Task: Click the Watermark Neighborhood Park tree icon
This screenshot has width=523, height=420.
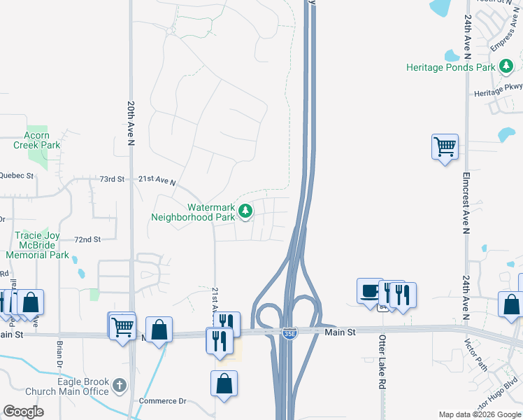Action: click(x=245, y=210)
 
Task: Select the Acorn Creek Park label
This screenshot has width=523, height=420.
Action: click(x=36, y=140)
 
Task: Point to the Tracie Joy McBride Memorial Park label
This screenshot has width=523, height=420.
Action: click(x=42, y=246)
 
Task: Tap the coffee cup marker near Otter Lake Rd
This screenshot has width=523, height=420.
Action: click(x=369, y=290)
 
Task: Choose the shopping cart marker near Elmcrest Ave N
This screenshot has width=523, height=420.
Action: click(x=445, y=147)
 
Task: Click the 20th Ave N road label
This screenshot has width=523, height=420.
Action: click(x=131, y=123)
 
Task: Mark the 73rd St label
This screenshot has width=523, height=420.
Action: click(x=111, y=179)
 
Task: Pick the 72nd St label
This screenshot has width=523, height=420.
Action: click(x=88, y=239)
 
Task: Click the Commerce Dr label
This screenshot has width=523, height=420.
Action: click(x=162, y=401)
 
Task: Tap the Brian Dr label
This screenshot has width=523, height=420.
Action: click(x=59, y=354)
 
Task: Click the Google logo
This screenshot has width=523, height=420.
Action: click(x=24, y=412)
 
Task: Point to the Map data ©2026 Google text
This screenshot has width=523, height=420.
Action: click(x=480, y=414)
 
